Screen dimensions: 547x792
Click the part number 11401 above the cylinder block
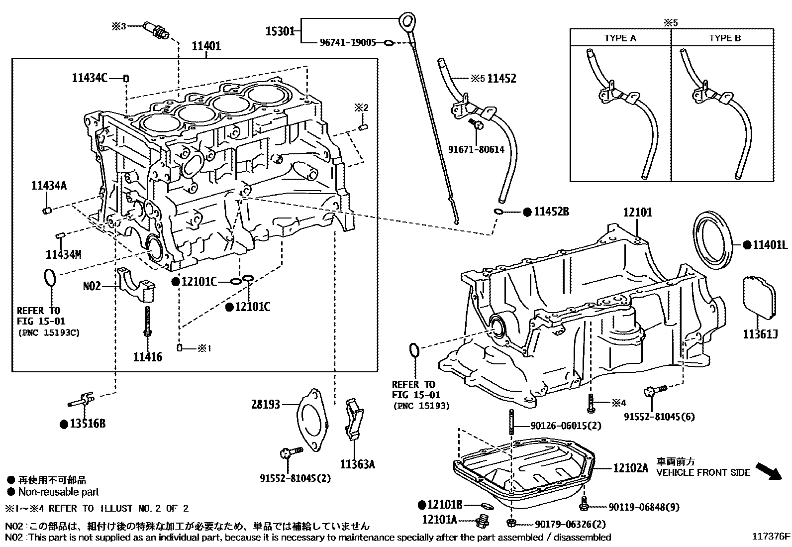(x=206, y=46)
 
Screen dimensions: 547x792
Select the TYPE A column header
(x=620, y=38)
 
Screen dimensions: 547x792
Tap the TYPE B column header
(x=724, y=38)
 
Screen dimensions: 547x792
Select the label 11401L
(x=770, y=245)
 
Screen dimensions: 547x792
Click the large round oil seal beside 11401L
(x=714, y=241)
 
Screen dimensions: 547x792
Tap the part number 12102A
(x=630, y=468)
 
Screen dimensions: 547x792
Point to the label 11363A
(x=357, y=464)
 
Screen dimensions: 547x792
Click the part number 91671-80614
(x=476, y=149)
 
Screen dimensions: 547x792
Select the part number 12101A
(x=439, y=520)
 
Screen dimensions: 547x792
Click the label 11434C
(x=90, y=78)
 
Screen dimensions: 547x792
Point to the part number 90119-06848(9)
(x=644, y=507)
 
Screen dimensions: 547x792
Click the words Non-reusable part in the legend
(x=59, y=492)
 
